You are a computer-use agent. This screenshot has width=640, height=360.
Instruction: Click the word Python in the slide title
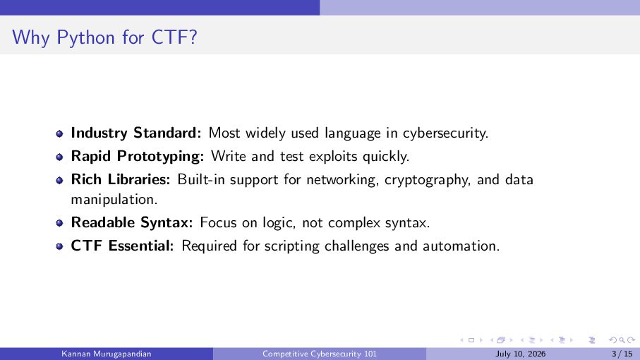[x=85, y=38]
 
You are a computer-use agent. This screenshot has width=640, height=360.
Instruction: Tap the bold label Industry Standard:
[x=136, y=133]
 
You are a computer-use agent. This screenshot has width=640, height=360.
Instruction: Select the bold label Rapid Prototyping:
[x=137, y=156]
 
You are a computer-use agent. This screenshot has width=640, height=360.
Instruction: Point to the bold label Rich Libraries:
[x=121, y=179]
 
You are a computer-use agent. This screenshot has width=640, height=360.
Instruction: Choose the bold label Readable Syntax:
[x=131, y=222]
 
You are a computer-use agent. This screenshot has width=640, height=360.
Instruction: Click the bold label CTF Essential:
[x=122, y=246]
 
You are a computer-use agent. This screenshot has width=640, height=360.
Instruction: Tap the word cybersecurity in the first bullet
[x=445, y=133]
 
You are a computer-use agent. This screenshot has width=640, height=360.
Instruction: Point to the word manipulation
[x=114, y=200]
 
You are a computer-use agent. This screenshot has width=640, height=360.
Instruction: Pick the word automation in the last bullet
[x=461, y=246]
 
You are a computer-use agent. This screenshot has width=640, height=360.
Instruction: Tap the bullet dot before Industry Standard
[x=59, y=133]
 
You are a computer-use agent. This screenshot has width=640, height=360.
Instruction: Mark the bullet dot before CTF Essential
[x=59, y=246]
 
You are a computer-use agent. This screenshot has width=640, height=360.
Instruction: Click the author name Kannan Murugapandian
[x=107, y=354]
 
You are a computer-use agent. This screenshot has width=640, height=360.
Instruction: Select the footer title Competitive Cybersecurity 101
[x=320, y=354]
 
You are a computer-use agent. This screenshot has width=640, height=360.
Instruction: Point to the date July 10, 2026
[x=521, y=354]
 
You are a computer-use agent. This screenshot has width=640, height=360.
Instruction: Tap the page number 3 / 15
[x=622, y=354]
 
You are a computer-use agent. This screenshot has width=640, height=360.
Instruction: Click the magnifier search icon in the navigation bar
[x=622, y=340]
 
